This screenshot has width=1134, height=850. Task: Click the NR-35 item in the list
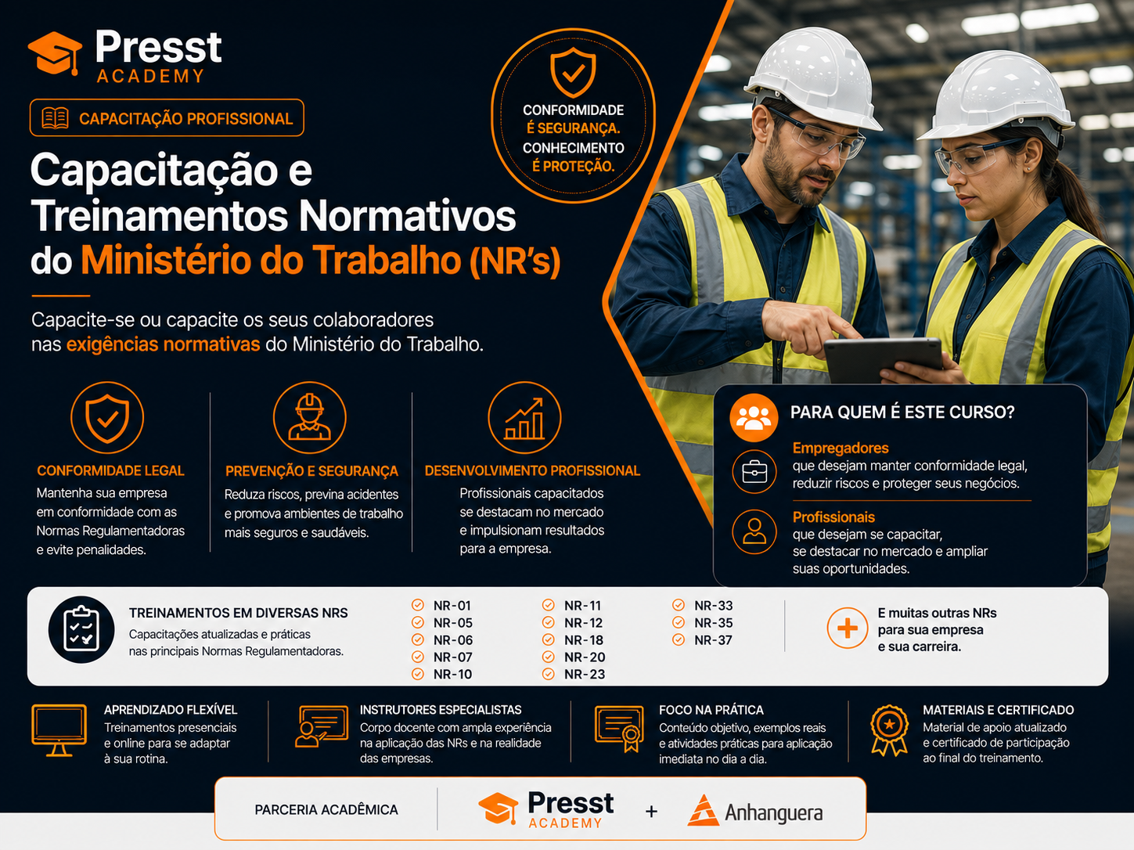coord(713,623)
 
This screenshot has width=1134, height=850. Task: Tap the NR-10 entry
coord(452,675)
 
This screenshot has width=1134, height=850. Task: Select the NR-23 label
coord(585,675)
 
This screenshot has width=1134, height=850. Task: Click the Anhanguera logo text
coord(773,812)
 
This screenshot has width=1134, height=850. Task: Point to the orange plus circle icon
coord(848,628)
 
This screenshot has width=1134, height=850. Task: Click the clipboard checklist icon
coord(81,629)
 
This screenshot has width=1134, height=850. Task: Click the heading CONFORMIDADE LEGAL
coord(110,470)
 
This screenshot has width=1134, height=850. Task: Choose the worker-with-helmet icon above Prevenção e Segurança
coord(309,417)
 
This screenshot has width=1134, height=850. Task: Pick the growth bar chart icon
coord(524,417)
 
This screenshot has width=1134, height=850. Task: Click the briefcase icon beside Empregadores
coord(754,472)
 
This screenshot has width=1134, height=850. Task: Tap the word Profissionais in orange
coord(833,517)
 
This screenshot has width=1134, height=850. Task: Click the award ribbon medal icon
coord(889,730)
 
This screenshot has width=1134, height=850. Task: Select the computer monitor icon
coord(59,730)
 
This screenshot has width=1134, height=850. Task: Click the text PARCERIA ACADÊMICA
coord(326,810)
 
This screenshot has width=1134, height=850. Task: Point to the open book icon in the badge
coord(55,118)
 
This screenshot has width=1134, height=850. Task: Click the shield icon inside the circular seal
coord(573,72)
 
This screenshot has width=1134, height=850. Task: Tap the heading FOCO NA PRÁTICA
coord(711,710)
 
